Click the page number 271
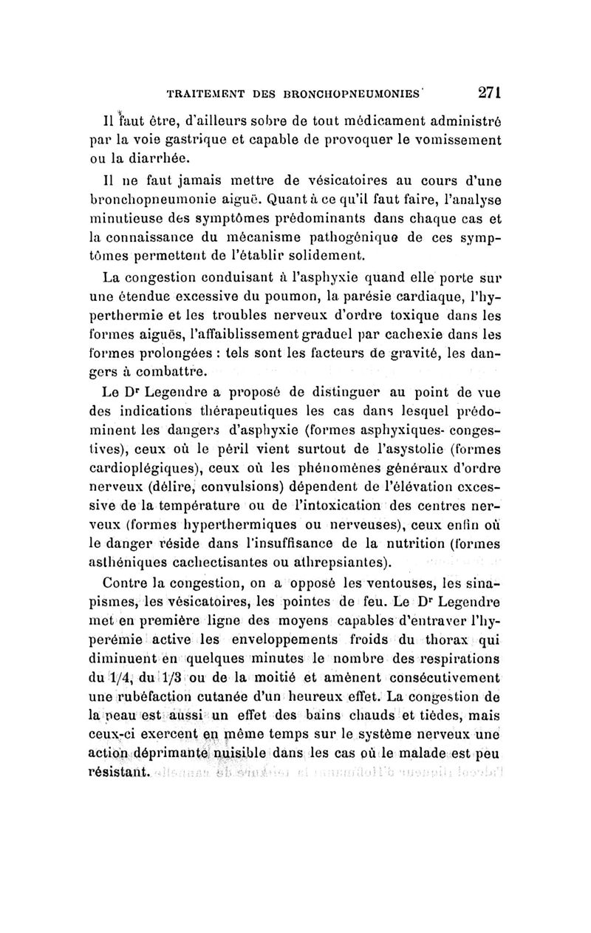pyautogui.click(x=491, y=92)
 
